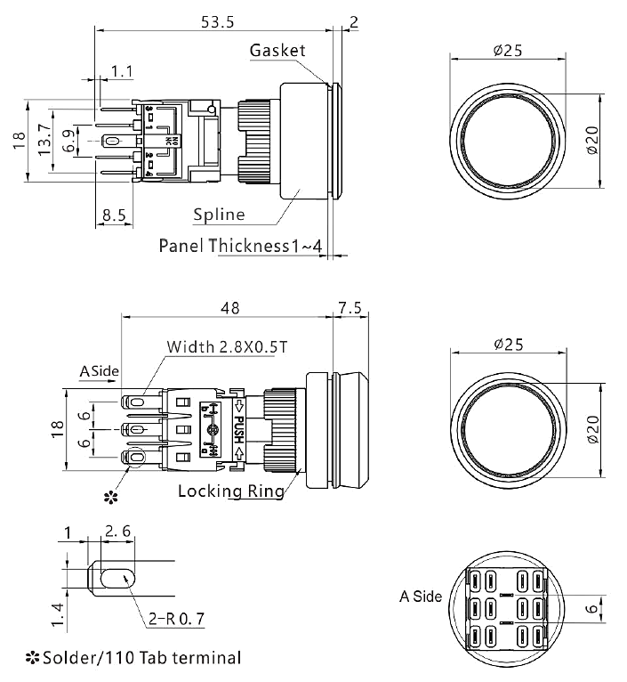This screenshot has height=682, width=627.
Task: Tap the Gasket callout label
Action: (x=278, y=50)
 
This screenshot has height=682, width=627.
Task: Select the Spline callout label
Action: (x=219, y=215)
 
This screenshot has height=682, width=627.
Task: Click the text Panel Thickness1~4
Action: (x=239, y=245)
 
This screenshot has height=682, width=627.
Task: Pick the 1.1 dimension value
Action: (x=122, y=70)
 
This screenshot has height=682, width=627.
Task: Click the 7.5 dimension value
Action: (x=349, y=307)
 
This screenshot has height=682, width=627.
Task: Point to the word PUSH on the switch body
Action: (x=238, y=430)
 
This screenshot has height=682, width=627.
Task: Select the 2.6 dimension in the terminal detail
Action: (x=118, y=532)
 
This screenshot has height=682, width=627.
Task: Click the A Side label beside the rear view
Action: (x=420, y=597)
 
